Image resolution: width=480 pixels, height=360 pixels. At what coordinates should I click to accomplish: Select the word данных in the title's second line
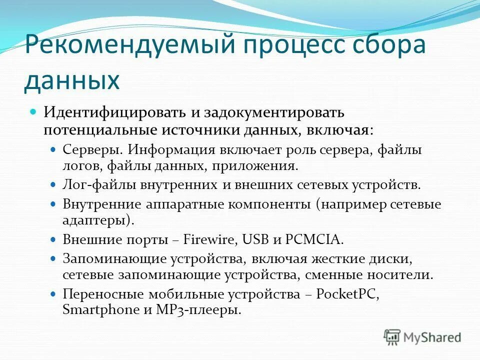[x=72, y=80]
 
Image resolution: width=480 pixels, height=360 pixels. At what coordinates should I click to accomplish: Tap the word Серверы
[x=92, y=149]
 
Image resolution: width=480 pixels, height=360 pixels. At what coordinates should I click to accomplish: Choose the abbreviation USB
[x=256, y=239]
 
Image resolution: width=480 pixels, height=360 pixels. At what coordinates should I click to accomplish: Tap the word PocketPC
[x=348, y=294]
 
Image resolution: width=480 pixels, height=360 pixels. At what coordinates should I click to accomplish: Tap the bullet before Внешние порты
[x=54, y=239]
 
